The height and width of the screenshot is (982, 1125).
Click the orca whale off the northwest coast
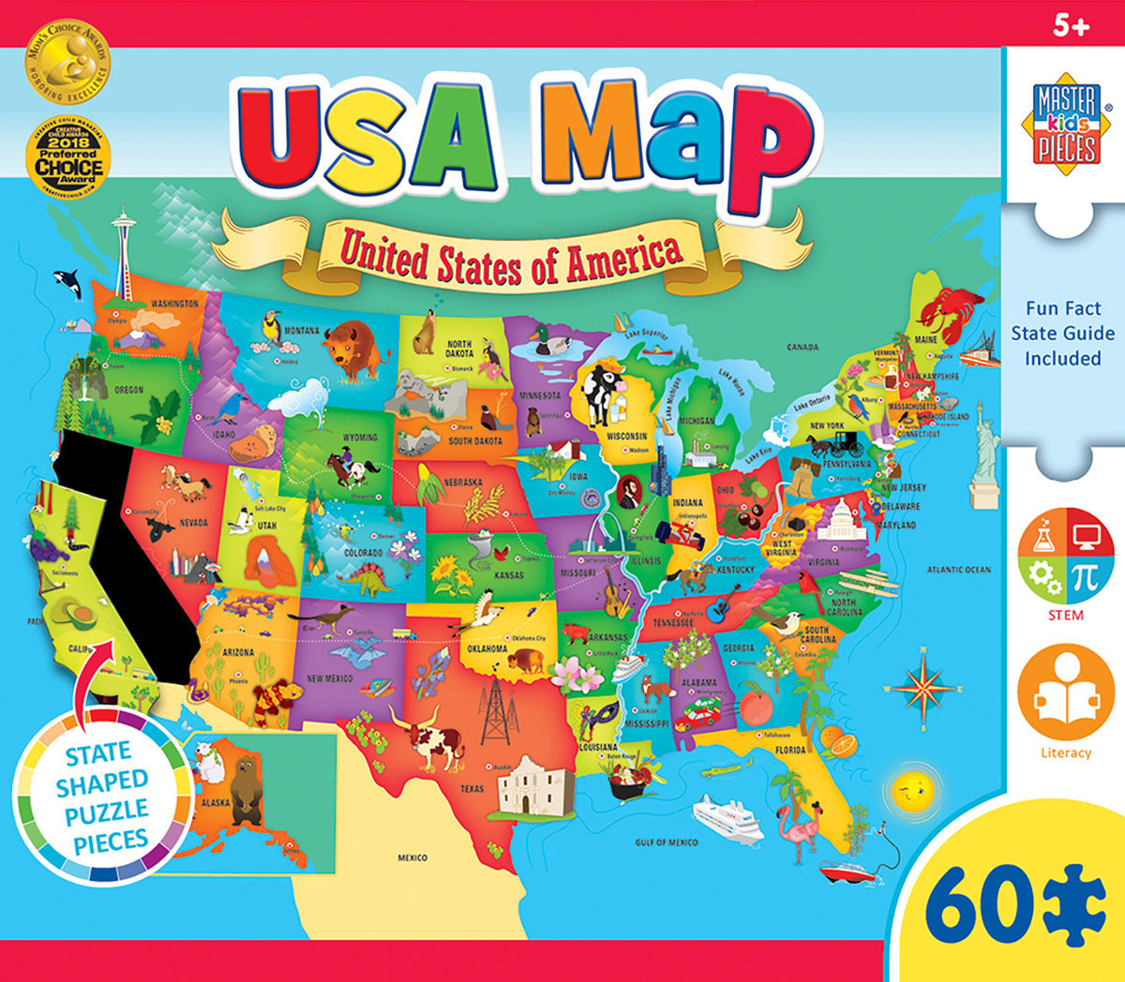coord(67,279)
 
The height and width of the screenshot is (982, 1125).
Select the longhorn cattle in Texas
coord(427,735)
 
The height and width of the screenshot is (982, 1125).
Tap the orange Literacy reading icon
coord(1065,693)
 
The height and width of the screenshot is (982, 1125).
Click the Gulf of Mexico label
coord(667,842)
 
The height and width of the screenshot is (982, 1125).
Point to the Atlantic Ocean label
coord(958,570)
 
